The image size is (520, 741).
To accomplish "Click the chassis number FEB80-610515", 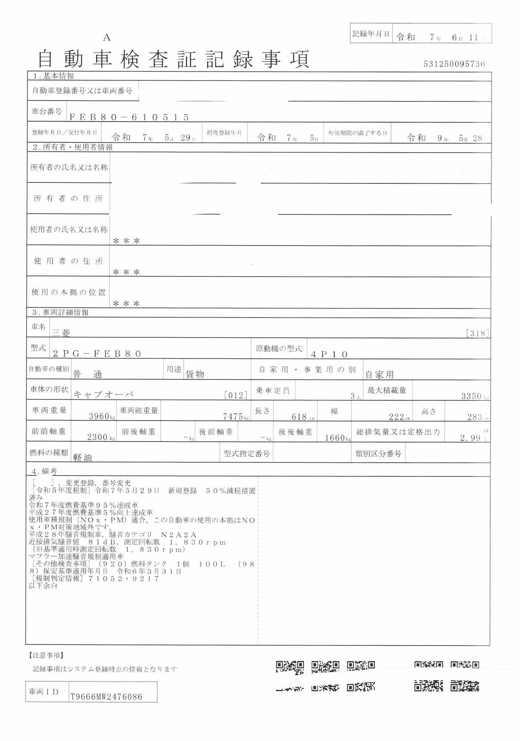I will (x=129, y=117).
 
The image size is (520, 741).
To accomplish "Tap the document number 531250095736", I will (x=454, y=64).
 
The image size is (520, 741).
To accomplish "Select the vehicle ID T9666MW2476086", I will (x=106, y=697).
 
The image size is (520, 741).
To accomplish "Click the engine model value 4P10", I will (x=329, y=355).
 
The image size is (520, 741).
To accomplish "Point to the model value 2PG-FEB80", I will (x=97, y=354).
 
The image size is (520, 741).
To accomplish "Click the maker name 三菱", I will (x=61, y=333).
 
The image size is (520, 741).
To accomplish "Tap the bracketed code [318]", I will (x=477, y=333).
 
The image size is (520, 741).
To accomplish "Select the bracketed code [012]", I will (x=236, y=395).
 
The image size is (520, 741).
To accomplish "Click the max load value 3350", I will (x=471, y=396).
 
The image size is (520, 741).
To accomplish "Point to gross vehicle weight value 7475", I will (x=233, y=416).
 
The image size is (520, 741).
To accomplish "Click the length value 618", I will (x=299, y=417).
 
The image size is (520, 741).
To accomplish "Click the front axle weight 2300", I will (x=97, y=437).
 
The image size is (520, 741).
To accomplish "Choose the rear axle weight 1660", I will (x=334, y=437).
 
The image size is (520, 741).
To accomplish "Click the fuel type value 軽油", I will (x=83, y=458).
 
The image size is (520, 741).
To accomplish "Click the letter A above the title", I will (x=107, y=38).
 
